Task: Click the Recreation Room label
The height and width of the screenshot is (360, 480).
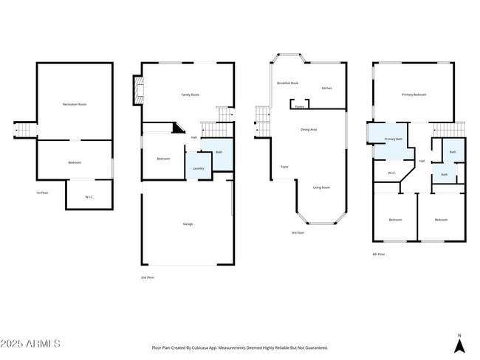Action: pyautogui.click(x=75, y=105)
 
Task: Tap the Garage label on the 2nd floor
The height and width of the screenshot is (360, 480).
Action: pyautogui.click(x=188, y=224)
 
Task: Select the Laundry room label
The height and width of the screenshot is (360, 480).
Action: pyautogui.click(x=198, y=169)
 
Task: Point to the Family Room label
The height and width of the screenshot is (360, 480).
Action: pyautogui.click(x=191, y=95)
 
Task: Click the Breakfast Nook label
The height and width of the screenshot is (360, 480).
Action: pyautogui.click(x=288, y=83)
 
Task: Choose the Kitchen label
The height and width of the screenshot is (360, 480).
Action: pyautogui.click(x=326, y=89)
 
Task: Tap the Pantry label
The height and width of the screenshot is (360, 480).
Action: pyautogui.click(x=300, y=107)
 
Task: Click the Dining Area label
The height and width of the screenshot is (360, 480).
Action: pyautogui.click(x=309, y=130)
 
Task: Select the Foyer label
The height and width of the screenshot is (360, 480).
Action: pyautogui.click(x=284, y=167)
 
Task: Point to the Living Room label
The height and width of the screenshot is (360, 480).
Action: pyautogui.click(x=321, y=187)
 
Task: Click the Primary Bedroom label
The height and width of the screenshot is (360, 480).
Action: pyautogui.click(x=414, y=94)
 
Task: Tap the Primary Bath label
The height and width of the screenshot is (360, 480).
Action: pyautogui.click(x=394, y=139)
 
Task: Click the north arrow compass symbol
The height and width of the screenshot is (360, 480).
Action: pyautogui.click(x=459, y=343)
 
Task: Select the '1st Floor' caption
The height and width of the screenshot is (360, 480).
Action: pyautogui.click(x=42, y=193)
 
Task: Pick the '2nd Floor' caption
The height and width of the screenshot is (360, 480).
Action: pyautogui.click(x=147, y=277)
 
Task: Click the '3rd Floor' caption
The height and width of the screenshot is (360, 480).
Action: pyautogui.click(x=298, y=232)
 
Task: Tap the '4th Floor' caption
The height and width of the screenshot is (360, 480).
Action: pyautogui.click(x=378, y=254)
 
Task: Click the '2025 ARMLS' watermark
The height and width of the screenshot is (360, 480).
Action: pyautogui.click(x=31, y=344)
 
